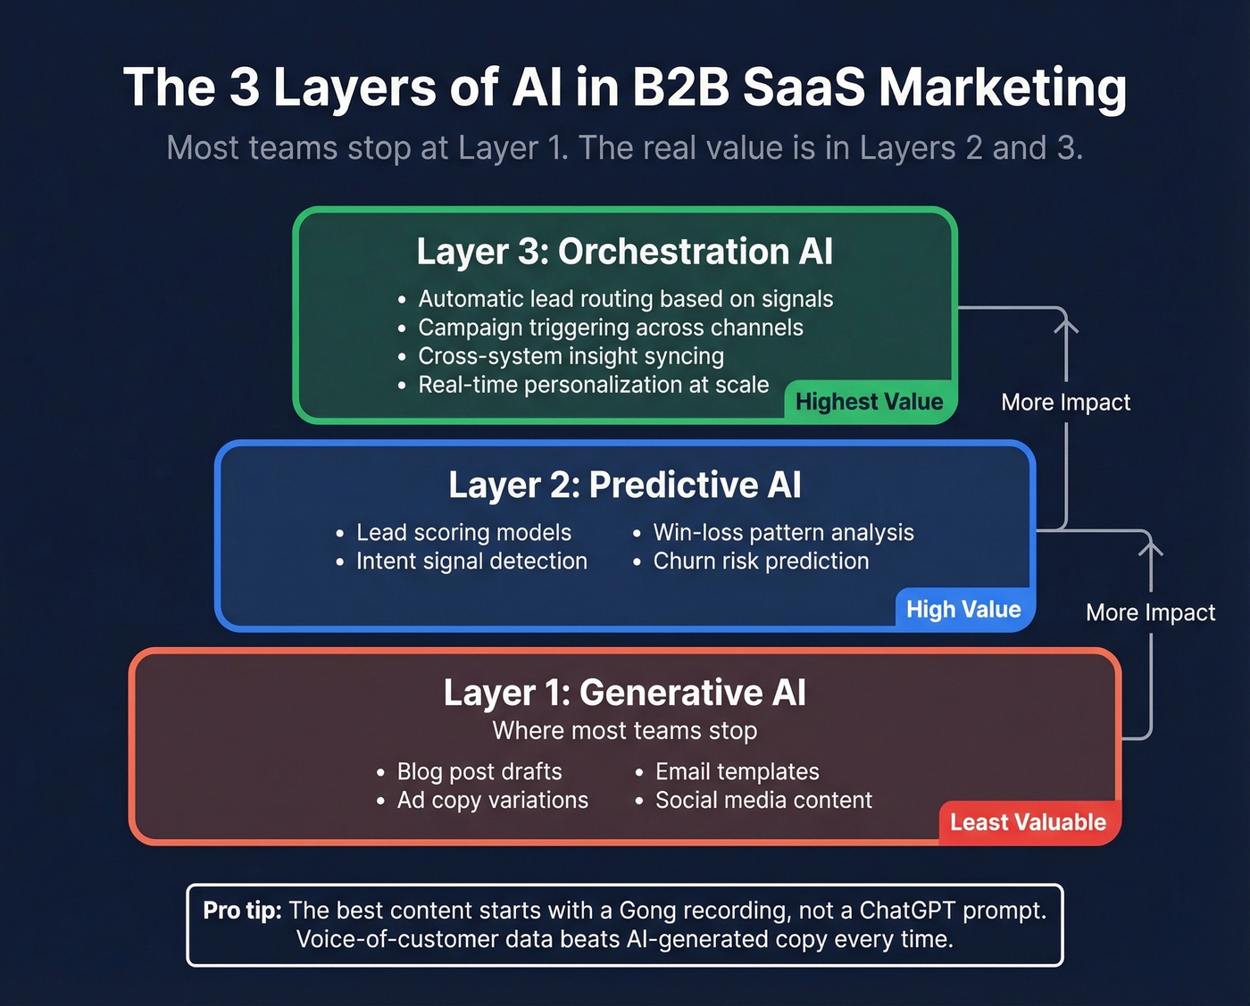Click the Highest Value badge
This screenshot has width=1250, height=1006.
pos(869,402)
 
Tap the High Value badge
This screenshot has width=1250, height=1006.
pos(963,610)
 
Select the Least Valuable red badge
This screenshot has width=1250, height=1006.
pos(1028,822)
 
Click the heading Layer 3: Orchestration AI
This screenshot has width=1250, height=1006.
pos(624,252)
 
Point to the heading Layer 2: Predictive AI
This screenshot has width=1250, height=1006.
pos(624,485)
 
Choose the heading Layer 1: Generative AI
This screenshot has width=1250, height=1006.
pos(624,693)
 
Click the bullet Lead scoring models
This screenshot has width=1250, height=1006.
pos(463,533)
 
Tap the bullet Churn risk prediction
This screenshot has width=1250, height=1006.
pos(761,561)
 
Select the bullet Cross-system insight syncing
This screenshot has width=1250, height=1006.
pos(571,356)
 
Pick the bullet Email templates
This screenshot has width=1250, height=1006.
pos(737,772)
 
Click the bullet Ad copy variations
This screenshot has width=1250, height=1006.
pos(492,801)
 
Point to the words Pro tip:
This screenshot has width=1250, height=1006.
pos(242,910)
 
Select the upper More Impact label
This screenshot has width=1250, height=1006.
pos(1065,403)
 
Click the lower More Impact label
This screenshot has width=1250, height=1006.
pos(1150,613)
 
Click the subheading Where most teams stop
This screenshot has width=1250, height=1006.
pos(624,731)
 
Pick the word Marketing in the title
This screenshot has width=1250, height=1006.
pos(1002,87)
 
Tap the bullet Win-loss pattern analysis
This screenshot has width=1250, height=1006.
pos(783,533)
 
